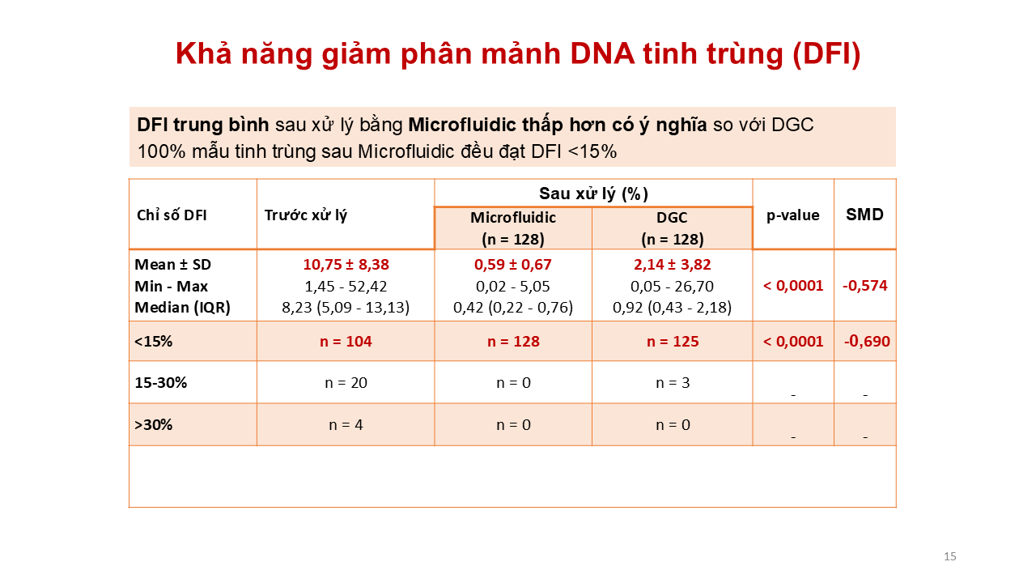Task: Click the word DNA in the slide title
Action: tap(603, 53)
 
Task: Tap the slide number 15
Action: tap(950, 556)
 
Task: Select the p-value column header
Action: tap(792, 215)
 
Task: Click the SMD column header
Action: tap(864, 215)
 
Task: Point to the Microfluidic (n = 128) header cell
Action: tap(513, 228)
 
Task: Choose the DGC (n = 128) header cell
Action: tap(672, 228)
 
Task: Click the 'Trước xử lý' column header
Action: tap(306, 215)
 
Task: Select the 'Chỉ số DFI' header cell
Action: tap(172, 215)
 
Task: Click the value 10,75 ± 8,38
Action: tap(346, 264)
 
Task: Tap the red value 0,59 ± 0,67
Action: tap(513, 264)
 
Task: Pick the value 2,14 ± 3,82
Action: tap(672, 264)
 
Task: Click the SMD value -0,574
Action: tap(865, 286)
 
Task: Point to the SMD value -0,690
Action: tap(867, 342)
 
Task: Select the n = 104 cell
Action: tap(346, 342)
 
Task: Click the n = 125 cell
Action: tap(673, 342)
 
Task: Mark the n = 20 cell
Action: tap(346, 383)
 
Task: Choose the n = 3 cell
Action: tap(673, 383)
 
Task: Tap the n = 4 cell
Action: tap(346, 425)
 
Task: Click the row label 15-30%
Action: tap(160, 383)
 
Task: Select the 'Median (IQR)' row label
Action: tap(182, 307)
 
